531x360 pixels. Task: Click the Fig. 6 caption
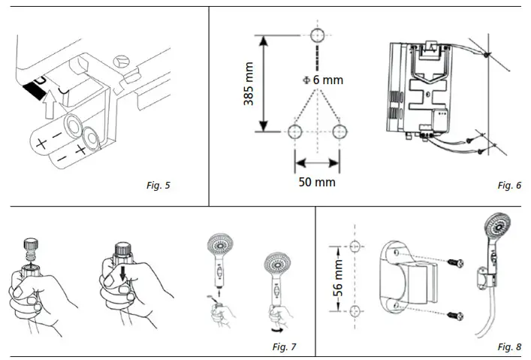(x=508, y=185)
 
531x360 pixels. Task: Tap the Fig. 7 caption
(x=283, y=346)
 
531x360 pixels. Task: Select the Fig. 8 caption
(x=508, y=346)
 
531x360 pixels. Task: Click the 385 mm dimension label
(x=249, y=83)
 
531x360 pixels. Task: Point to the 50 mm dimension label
(x=316, y=182)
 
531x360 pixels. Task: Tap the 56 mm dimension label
(x=338, y=279)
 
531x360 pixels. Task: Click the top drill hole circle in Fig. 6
(x=316, y=35)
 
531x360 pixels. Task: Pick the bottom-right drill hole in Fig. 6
(x=339, y=132)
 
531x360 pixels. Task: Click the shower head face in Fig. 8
(x=495, y=227)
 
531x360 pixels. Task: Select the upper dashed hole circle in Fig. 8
(x=356, y=246)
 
